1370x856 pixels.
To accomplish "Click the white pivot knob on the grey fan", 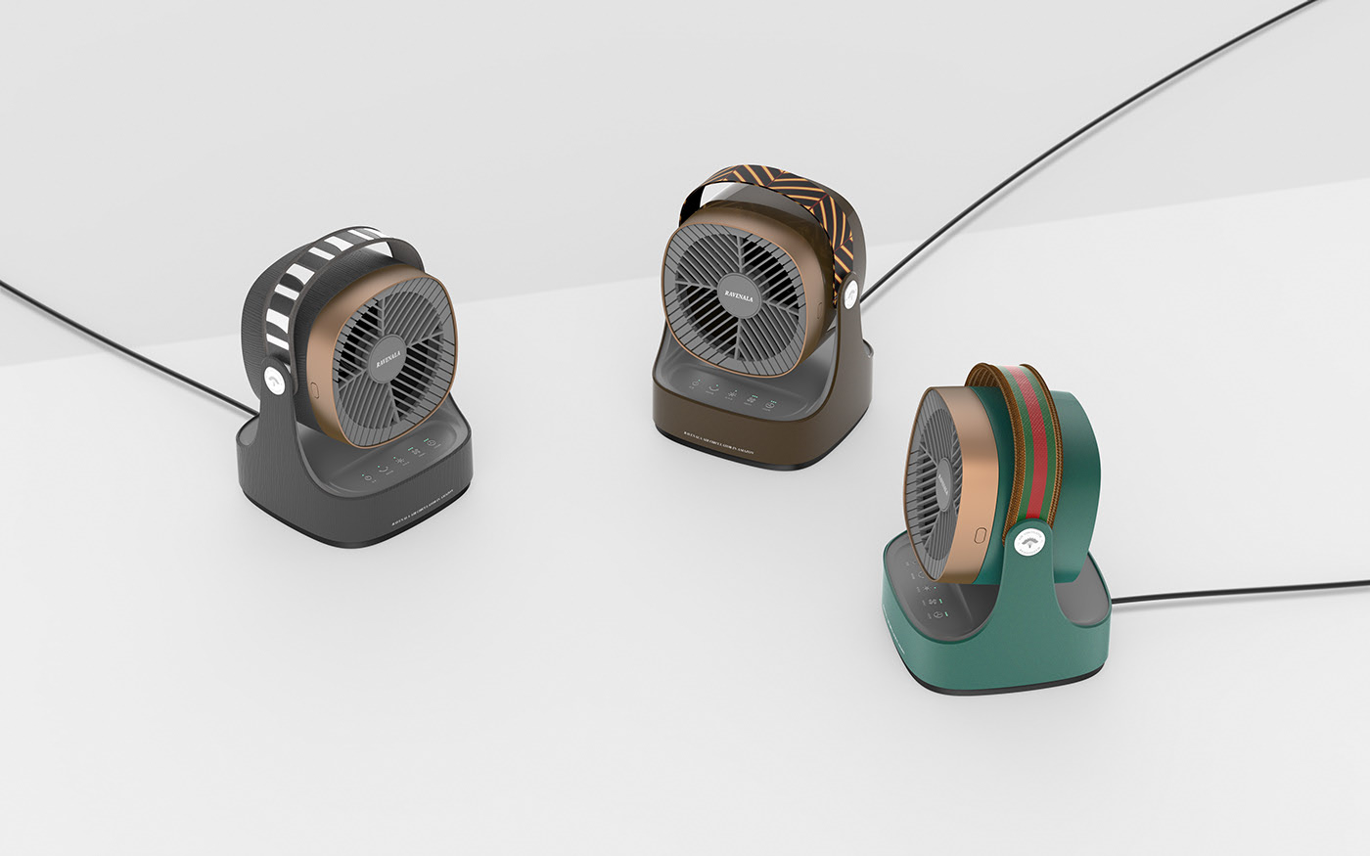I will pyautogui.click(x=275, y=381).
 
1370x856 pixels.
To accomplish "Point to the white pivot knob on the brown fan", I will pyautogui.click(x=849, y=293).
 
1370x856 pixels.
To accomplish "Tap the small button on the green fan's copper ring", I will pyautogui.click(x=980, y=536).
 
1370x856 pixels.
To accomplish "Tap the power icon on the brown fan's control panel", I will pyautogui.click(x=696, y=387).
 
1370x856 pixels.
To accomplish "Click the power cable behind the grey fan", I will pyautogui.click(x=117, y=341).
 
